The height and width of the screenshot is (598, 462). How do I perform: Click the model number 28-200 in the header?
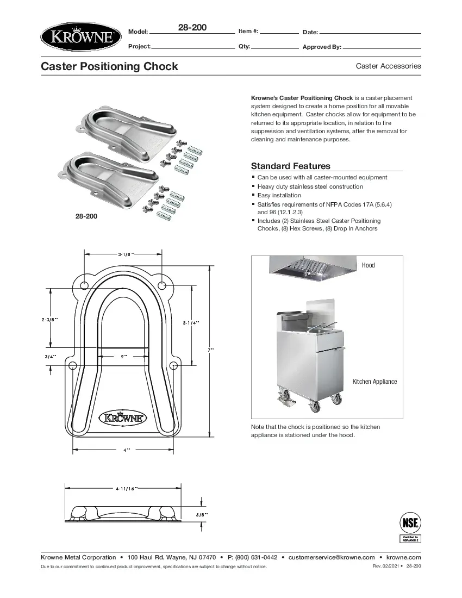click(192, 27)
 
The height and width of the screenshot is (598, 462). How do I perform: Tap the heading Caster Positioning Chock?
click(110, 66)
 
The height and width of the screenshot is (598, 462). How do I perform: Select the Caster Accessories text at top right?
click(388, 66)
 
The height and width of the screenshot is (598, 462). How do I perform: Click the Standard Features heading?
click(290, 166)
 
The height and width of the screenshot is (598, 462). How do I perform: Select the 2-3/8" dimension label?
click(49, 320)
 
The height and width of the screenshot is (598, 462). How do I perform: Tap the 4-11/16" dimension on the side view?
click(126, 489)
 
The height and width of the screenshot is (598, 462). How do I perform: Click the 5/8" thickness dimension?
click(202, 514)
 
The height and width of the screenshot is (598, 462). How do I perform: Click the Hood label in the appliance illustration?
click(368, 265)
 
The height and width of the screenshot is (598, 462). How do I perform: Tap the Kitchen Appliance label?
click(374, 382)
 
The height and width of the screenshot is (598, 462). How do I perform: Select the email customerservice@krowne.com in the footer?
click(332, 557)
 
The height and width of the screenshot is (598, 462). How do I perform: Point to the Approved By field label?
click(322, 47)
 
